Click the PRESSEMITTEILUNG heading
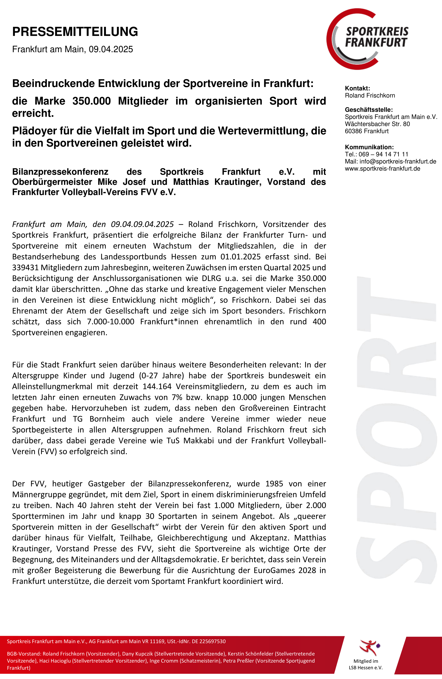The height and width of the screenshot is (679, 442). click(x=75, y=32)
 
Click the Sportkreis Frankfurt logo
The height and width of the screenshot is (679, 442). click(x=368, y=39)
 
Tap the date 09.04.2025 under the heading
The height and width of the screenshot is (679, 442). click(x=111, y=49)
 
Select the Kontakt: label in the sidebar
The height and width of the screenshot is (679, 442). click(x=357, y=88)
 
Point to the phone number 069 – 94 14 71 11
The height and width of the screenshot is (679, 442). click(x=383, y=154)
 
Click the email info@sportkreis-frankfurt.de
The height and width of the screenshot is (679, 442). click(x=398, y=162)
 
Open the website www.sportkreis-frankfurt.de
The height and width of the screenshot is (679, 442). click(x=382, y=169)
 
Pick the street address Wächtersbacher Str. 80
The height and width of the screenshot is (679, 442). click(x=377, y=124)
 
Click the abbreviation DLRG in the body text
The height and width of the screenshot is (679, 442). click(x=212, y=279)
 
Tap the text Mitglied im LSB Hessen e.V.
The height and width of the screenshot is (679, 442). click(x=366, y=664)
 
